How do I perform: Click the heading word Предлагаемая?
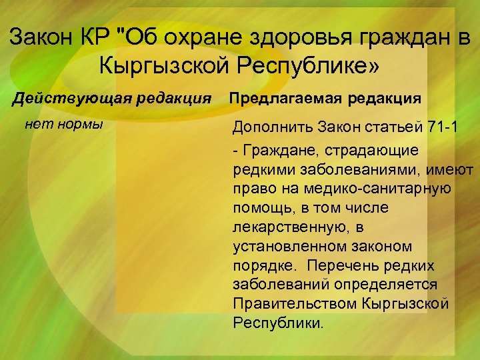pyautogui.click(x=284, y=98)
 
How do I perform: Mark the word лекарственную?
pyautogui.click(x=285, y=228)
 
